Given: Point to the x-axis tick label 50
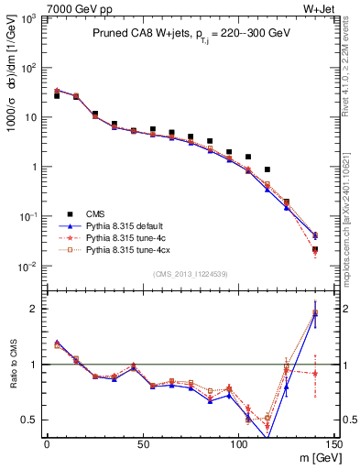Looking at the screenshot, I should point(143,443).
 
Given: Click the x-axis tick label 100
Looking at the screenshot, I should point(238,443).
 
